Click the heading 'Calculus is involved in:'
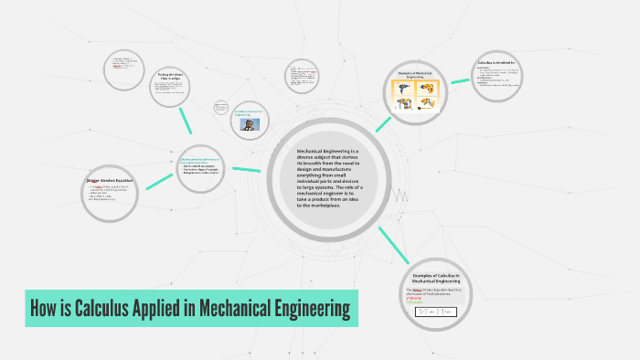tap(496, 63)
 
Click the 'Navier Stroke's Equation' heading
tap(109, 180)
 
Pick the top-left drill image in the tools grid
tap(402, 90)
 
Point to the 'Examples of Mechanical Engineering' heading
tap(414, 73)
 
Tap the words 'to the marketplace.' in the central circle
tap(318, 206)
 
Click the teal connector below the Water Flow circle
tap(186, 120)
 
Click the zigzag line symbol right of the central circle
tap(400, 195)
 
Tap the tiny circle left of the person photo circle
tap(221, 107)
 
